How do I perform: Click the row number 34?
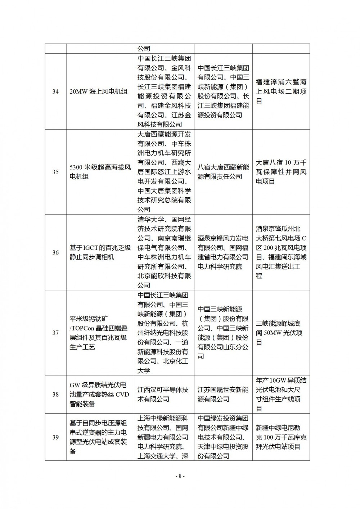pyautogui.click(x=55, y=91)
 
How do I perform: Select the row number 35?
pyautogui.click(x=55, y=172)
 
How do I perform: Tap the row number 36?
pyautogui.click(x=55, y=253)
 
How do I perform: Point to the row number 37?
pyautogui.click(x=55, y=333)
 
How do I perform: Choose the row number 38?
pyautogui.click(x=55, y=395)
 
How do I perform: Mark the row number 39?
pyautogui.click(x=55, y=437)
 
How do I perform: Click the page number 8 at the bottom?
pyautogui.click(x=180, y=476)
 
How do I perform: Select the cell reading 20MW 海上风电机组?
pyautogui.click(x=98, y=92)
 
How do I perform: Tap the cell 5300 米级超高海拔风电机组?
pyautogui.click(x=100, y=172)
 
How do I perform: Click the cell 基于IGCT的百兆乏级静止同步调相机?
pyautogui.click(x=100, y=253)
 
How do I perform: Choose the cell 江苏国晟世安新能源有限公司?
pyautogui.click(x=223, y=395)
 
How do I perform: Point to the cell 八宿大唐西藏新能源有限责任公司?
pyautogui.click(x=223, y=172)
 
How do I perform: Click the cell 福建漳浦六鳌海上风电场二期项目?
pyautogui.click(x=281, y=92)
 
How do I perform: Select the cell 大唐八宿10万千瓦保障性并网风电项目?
pyautogui.click(x=281, y=172)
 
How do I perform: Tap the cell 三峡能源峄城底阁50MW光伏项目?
pyautogui.click(x=281, y=333)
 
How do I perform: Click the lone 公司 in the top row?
pyautogui.click(x=144, y=49)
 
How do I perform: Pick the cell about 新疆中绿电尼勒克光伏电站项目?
pyautogui.click(x=281, y=437)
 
